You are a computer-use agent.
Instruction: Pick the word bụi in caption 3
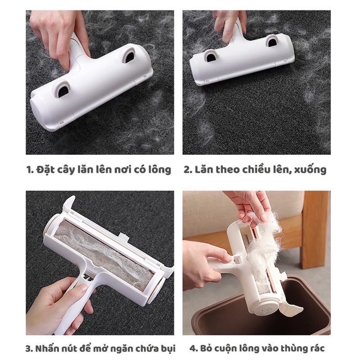click(167, 348)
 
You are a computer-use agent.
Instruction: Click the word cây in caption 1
click(68, 170)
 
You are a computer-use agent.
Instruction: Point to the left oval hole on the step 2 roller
click(210, 56)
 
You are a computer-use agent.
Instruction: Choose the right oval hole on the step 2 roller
click(271, 41)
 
